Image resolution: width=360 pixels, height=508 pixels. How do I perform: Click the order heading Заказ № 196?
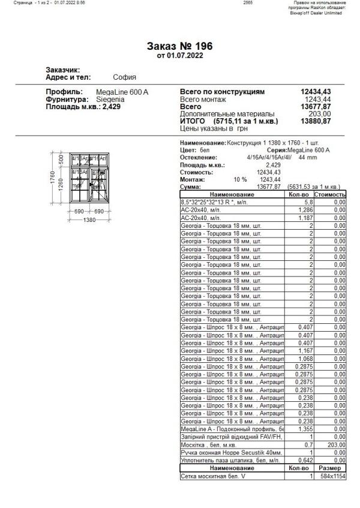point(179,46)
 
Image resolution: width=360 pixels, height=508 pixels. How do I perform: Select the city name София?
point(124,77)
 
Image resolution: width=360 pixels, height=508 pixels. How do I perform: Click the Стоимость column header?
point(331,194)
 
